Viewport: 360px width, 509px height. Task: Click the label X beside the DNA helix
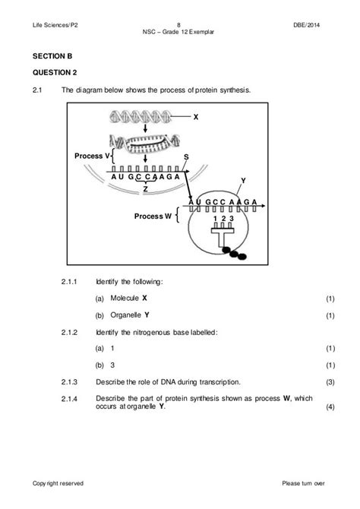coord(196,117)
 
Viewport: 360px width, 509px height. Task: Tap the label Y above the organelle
coord(244,181)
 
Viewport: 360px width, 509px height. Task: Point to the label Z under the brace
coord(145,189)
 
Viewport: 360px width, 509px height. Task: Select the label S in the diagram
coord(186,157)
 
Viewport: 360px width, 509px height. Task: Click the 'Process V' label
coord(93,156)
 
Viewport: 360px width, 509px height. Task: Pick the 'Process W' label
coord(153,217)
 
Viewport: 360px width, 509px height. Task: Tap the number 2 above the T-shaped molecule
coord(223,219)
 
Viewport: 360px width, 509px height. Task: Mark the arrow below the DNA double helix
coord(145,128)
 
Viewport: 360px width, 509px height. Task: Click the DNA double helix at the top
coord(141,117)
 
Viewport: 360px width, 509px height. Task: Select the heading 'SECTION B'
coord(52,56)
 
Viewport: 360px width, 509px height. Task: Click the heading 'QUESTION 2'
coord(55,72)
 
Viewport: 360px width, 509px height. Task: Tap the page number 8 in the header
coord(178,25)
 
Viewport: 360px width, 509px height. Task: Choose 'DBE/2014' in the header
coord(306,25)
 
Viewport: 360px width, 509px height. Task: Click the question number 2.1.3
coord(69,382)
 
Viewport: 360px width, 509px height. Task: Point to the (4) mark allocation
coord(330,407)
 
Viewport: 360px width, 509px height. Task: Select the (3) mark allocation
coord(330,382)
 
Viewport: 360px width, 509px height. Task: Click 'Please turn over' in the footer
coord(303,483)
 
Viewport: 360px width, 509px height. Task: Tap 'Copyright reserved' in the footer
coord(58,483)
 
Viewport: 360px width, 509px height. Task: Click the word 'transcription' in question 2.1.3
coord(219,382)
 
